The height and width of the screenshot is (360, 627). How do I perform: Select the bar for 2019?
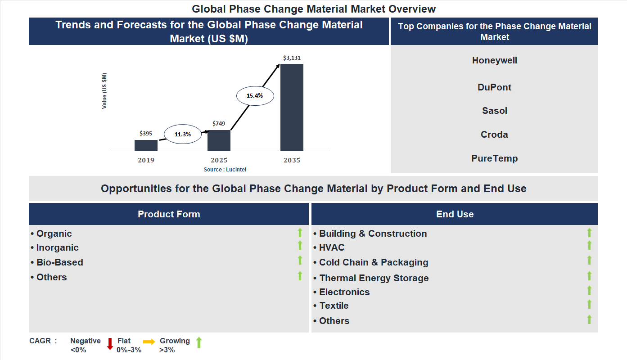[146, 145]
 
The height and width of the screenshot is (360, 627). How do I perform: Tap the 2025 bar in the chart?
[219, 140]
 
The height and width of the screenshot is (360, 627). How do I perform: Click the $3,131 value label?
[292, 58]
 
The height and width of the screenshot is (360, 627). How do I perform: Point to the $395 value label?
[146, 134]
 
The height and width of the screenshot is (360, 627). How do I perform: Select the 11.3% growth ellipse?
[183, 134]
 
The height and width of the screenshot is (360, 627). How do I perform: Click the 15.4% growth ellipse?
[254, 95]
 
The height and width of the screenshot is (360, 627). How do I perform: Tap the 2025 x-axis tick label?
[219, 160]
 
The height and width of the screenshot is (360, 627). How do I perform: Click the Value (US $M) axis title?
[104, 91]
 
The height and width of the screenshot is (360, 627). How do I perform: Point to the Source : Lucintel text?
[225, 169]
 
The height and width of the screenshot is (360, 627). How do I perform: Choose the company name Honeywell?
[494, 60]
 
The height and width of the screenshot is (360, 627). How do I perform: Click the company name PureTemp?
[494, 158]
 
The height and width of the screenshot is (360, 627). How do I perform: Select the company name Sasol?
[494, 111]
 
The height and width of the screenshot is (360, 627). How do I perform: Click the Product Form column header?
[169, 214]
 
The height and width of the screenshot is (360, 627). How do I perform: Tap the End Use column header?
[455, 214]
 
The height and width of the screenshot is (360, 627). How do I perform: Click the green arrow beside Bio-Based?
[300, 261]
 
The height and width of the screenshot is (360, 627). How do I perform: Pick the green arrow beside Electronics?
[589, 290]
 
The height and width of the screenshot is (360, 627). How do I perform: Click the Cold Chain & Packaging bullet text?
[374, 262]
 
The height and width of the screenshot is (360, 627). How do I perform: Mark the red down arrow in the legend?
[110, 344]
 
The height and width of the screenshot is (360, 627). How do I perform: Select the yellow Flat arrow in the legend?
[149, 342]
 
